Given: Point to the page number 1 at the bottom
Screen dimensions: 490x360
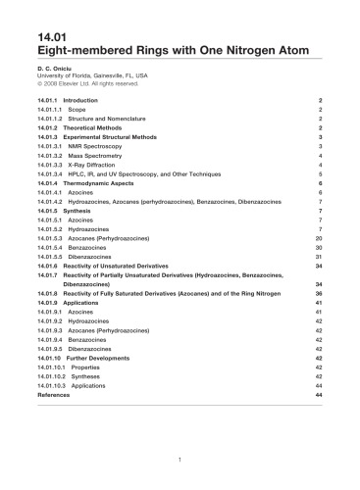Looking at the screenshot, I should tap(180, 460).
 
